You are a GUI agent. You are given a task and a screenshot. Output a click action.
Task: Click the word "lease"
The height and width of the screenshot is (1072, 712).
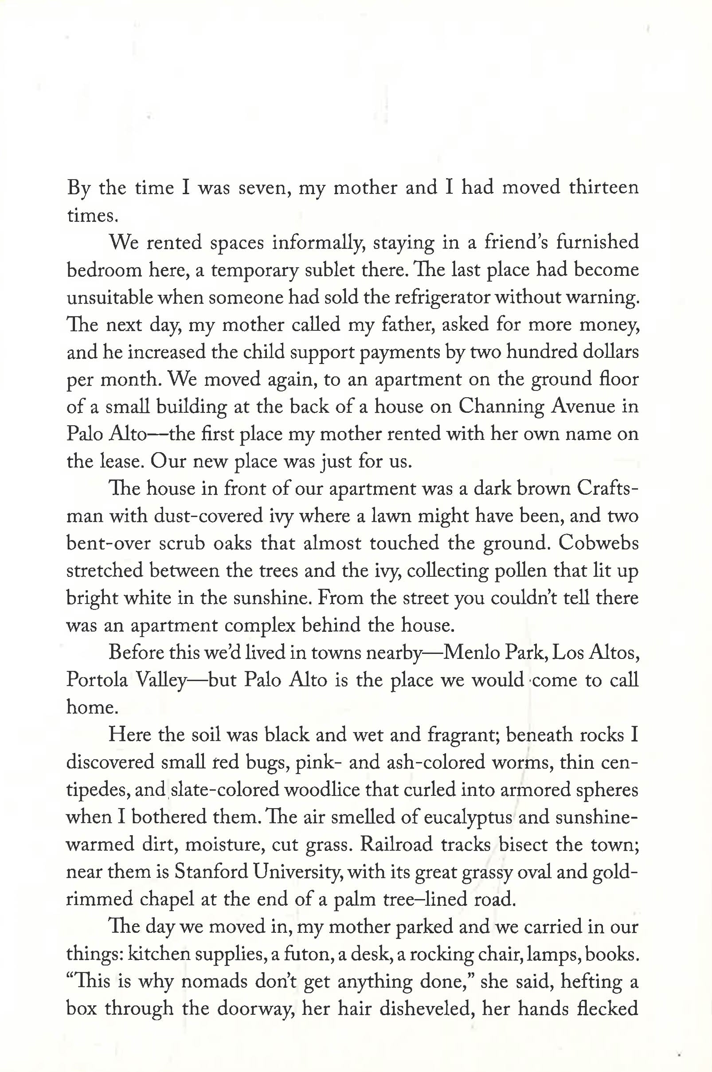coord(120,462)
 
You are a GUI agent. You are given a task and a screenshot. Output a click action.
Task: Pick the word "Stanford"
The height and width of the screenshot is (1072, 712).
coord(211,872)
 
